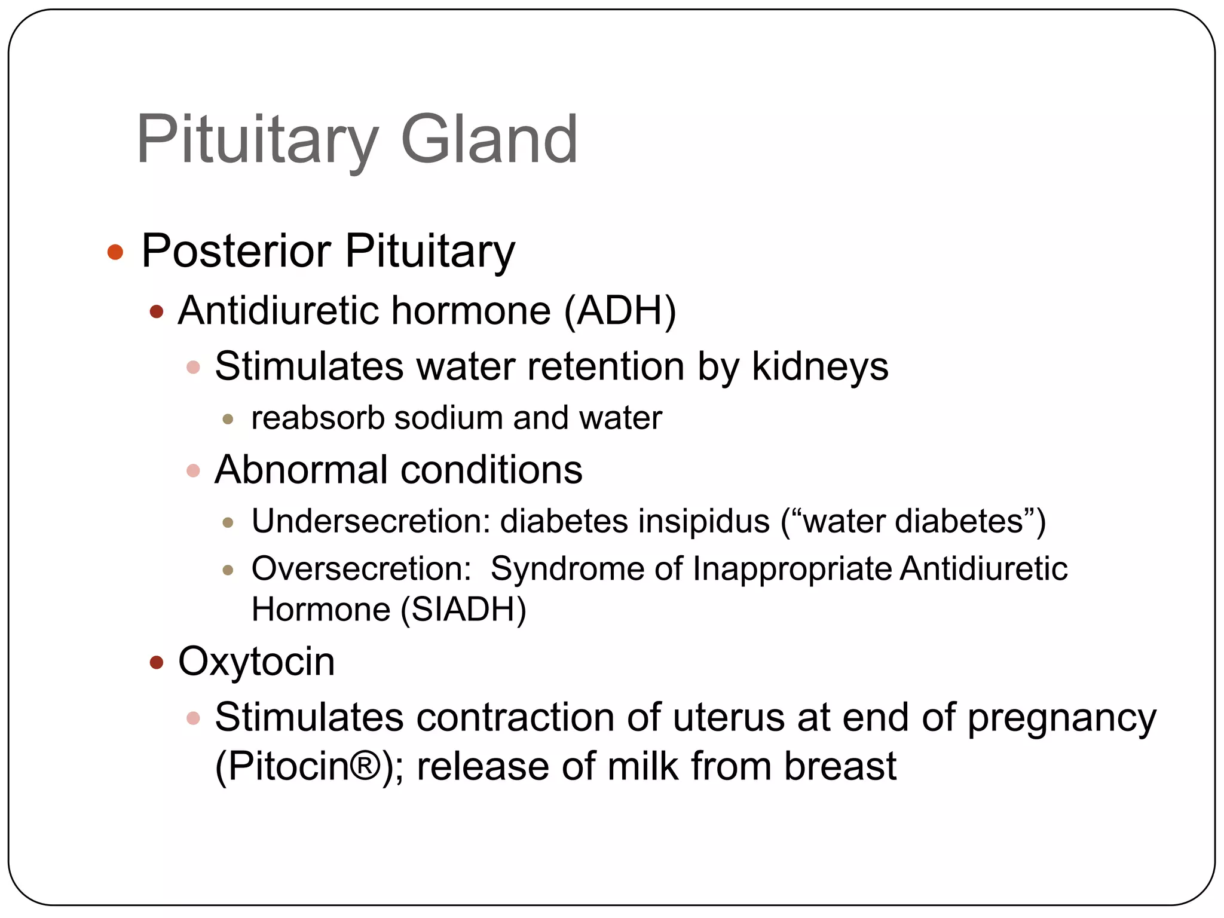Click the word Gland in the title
tap(489, 140)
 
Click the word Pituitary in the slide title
tap(257, 141)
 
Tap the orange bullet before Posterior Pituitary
tap(115, 252)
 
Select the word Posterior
tap(236, 251)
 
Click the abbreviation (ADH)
tap(620, 311)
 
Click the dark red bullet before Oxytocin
tap(157, 662)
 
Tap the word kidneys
tap(820, 366)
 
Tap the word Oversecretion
tap(361, 568)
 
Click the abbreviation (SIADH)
tap(463, 610)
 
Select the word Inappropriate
tap(792, 568)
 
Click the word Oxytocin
tap(256, 662)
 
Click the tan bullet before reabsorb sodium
tap(227, 419)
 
